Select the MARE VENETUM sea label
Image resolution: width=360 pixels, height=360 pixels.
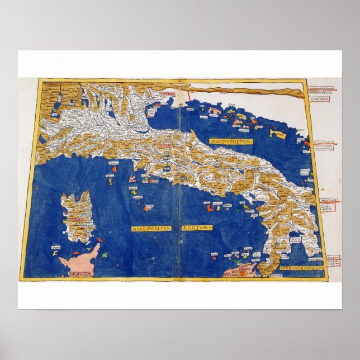click(231, 142)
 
